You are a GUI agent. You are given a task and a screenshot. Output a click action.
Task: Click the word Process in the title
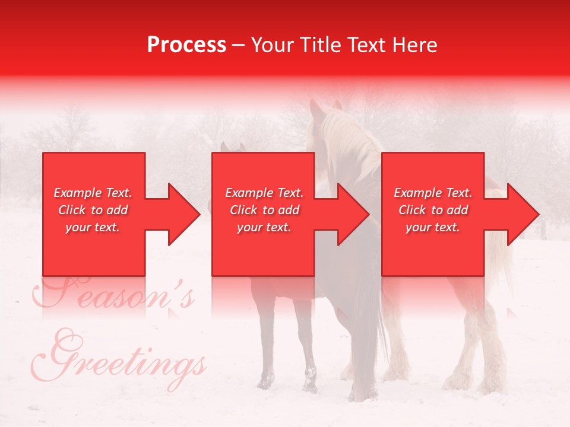coord(186,45)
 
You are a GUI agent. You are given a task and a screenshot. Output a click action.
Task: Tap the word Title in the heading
coord(317,45)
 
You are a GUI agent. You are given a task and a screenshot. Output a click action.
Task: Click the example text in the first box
coord(93,210)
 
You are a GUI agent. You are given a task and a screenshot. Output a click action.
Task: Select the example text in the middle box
coord(264,210)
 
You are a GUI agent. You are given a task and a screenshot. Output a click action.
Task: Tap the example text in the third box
coord(433,210)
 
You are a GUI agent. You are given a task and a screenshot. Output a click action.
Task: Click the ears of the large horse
coord(325,107)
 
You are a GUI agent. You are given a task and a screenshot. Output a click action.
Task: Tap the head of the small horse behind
coord(232,148)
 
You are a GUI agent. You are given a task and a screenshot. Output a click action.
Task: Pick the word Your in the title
coord(271,45)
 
